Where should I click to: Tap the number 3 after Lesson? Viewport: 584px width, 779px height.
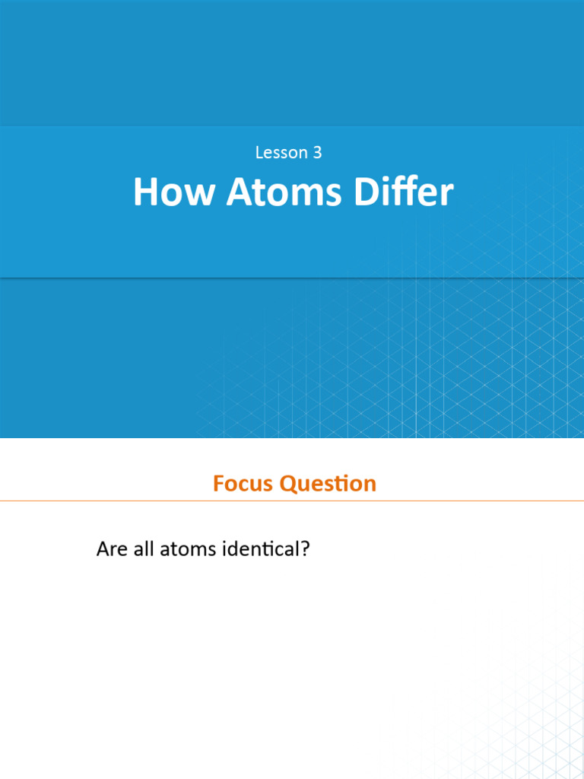point(317,153)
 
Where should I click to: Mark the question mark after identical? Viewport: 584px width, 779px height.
point(306,548)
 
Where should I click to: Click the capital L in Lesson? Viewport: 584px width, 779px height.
point(259,153)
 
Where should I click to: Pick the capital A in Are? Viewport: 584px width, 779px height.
point(102,548)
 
